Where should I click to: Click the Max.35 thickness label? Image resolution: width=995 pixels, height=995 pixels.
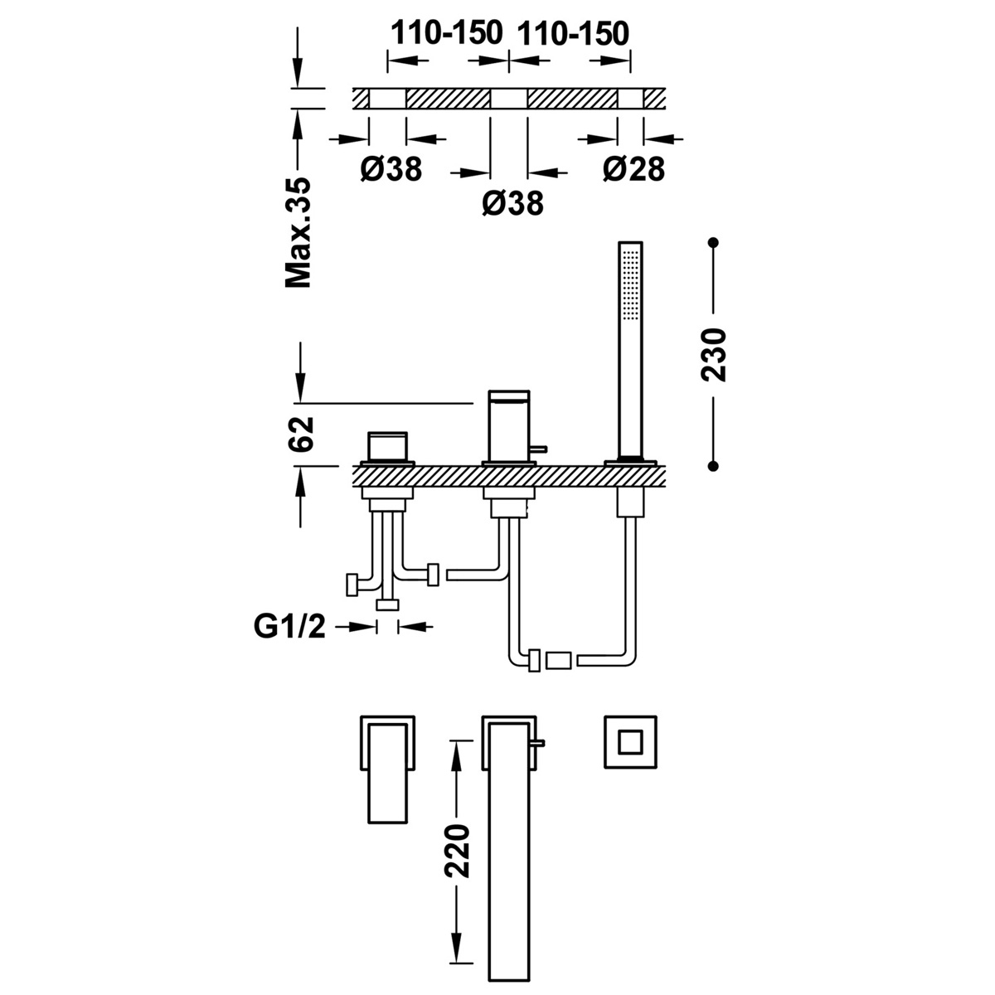click(298, 233)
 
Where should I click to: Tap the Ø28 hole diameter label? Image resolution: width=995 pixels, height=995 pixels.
click(633, 169)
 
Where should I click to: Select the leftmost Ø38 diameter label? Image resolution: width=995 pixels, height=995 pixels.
click(391, 169)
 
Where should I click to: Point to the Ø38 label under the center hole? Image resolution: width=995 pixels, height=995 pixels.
click(512, 202)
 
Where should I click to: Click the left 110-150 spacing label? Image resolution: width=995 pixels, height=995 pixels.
click(447, 33)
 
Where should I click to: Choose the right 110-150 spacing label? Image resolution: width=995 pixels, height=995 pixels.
click(573, 33)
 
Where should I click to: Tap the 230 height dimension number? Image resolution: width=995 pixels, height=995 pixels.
click(714, 355)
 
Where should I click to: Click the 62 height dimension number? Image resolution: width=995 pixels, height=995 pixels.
click(302, 434)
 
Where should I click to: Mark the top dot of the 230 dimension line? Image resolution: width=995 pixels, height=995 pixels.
click(714, 243)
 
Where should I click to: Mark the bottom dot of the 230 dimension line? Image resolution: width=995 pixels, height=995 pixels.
click(714, 467)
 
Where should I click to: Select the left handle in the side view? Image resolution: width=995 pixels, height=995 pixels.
click(386, 449)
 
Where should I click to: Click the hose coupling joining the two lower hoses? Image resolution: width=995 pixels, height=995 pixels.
click(557, 660)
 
